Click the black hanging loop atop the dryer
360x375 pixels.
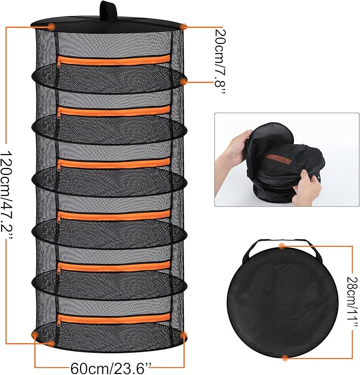pos(108,10)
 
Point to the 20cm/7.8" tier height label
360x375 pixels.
pos(220,61)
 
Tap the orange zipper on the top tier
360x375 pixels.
pos(114,60)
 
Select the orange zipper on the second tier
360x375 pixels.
pos(114,111)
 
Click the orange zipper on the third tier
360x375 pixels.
pos(114,163)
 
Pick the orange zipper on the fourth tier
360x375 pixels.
pos(114,216)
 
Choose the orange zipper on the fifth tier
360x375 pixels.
pos(114,266)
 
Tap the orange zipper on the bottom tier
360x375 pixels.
pos(114,318)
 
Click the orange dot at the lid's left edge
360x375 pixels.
pos(51,26)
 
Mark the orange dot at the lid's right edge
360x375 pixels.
pos(184,26)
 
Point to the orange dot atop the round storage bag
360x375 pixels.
pos(282,246)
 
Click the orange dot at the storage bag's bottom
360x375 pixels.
pos(285,358)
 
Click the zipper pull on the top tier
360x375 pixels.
pos(59,64)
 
